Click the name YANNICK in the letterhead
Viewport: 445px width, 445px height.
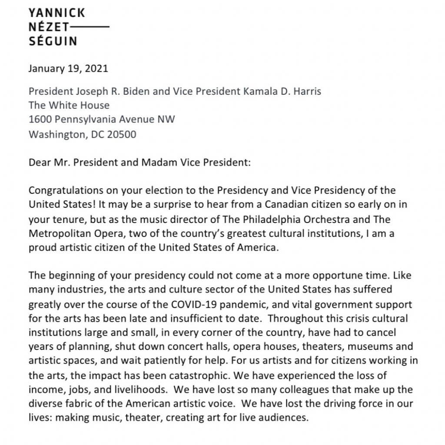point(56,13)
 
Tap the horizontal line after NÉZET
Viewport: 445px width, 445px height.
point(90,27)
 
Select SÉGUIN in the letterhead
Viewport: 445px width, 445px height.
point(53,42)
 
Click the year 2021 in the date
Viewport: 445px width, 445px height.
point(96,68)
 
